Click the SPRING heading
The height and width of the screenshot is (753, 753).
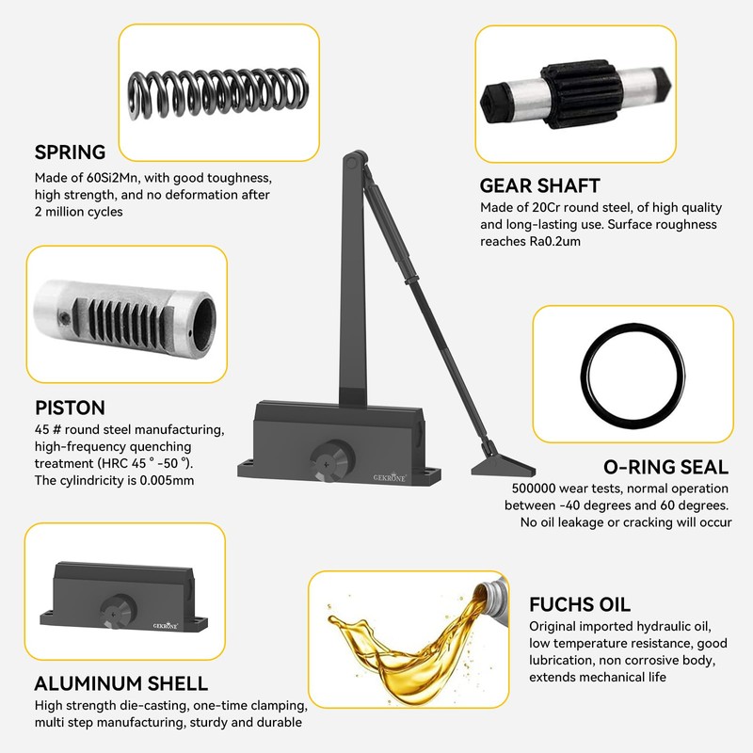click(x=71, y=152)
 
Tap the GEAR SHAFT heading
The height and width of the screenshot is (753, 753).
click(x=539, y=185)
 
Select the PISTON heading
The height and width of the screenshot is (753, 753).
click(x=70, y=409)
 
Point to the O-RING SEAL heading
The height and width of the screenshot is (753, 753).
click(x=665, y=467)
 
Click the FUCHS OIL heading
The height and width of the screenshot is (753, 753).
click(x=580, y=604)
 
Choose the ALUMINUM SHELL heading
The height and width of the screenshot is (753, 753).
click(x=121, y=683)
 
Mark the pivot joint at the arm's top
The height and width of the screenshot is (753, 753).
click(x=351, y=165)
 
